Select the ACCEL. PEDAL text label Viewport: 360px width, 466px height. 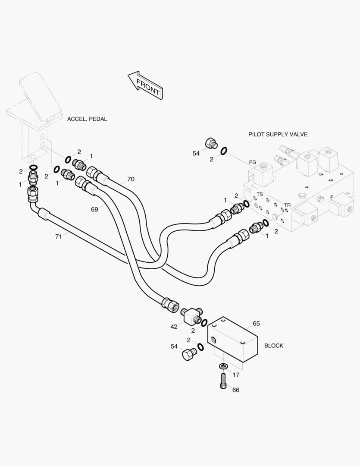[87, 119]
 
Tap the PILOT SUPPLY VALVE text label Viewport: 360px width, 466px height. [278, 135]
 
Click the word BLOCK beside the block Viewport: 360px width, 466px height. [274, 346]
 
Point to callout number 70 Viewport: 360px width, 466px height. [131, 179]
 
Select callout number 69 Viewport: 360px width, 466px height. [94, 209]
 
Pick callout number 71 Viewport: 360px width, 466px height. [58, 236]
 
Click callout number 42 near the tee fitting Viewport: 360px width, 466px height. [174, 327]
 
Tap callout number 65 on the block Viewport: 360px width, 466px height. [256, 324]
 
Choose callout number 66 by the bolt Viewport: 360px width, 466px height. [235, 390]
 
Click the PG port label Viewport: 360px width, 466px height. [253, 162]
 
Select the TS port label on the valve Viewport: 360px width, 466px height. [260, 195]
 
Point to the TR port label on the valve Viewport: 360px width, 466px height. [287, 205]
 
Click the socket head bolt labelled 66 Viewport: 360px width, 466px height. [223, 381]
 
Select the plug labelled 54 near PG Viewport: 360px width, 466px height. [211, 143]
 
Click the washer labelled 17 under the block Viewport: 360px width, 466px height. [223, 366]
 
